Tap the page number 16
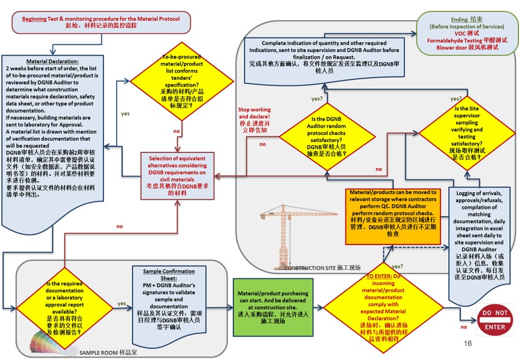(x=467, y=343)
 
